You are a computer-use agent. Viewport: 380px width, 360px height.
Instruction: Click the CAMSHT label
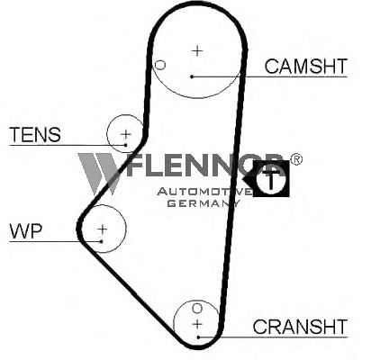click(x=306, y=67)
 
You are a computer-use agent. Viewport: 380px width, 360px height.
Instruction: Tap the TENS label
click(x=35, y=135)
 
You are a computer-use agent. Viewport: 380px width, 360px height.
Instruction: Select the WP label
click(x=26, y=231)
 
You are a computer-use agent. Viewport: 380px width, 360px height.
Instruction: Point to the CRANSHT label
click(x=300, y=327)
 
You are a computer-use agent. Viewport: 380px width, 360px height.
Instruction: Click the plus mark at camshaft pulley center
click(x=197, y=50)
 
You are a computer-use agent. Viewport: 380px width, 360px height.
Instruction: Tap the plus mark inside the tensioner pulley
click(x=126, y=134)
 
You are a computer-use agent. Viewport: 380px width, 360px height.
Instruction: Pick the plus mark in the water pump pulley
click(x=103, y=229)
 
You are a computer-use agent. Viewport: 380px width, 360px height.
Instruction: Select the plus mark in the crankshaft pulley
click(x=197, y=324)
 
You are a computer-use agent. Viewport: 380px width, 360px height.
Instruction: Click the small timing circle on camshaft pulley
click(x=160, y=65)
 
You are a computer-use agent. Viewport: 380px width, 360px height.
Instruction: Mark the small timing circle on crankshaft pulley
click(x=197, y=308)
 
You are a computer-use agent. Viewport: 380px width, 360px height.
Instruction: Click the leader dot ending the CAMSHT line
click(x=192, y=76)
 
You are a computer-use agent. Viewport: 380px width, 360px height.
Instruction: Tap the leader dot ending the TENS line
click(x=126, y=145)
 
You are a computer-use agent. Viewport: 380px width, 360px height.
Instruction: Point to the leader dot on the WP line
click(x=102, y=241)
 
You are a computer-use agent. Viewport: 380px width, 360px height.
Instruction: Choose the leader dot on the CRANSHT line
click(x=198, y=337)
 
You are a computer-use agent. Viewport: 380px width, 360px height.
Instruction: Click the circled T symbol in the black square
click(x=271, y=179)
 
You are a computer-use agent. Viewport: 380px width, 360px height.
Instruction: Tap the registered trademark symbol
click(x=296, y=159)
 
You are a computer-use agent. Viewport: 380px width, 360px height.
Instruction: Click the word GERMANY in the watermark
click(x=204, y=203)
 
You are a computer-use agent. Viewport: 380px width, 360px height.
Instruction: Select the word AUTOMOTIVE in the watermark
click(x=204, y=192)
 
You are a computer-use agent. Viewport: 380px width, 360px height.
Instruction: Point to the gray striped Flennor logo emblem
click(x=98, y=174)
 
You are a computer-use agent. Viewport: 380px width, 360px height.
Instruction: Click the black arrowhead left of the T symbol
click(x=248, y=179)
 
